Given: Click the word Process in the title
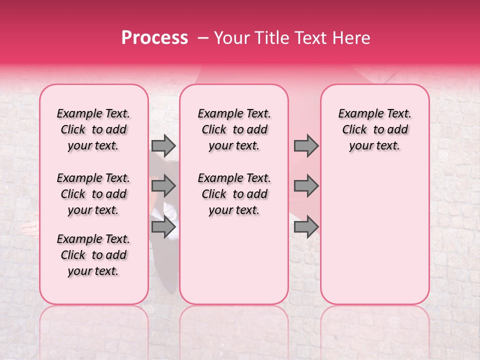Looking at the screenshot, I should (x=154, y=38).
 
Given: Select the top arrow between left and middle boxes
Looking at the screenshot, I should (x=163, y=145).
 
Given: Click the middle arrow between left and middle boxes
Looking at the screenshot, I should (x=163, y=186).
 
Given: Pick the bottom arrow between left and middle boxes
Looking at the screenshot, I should (x=163, y=227).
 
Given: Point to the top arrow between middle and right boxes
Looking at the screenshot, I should (x=306, y=145).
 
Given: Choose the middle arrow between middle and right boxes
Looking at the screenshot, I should (x=306, y=186).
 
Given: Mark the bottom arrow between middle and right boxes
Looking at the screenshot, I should (x=306, y=227).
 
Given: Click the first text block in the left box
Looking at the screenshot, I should (x=93, y=129).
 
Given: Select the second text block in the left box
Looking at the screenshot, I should (x=93, y=194).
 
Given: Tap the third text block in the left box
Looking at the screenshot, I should (x=93, y=255).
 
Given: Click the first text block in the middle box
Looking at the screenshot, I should (x=234, y=129).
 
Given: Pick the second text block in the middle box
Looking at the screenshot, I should (x=234, y=194).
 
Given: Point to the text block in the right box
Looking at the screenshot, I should (x=374, y=129).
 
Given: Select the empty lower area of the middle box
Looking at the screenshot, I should (x=234, y=260).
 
